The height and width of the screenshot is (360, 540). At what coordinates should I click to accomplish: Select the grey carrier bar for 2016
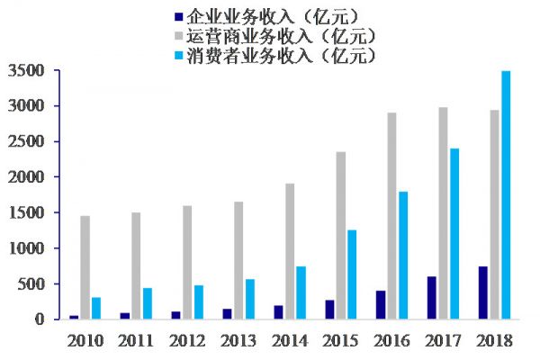(x=392, y=216)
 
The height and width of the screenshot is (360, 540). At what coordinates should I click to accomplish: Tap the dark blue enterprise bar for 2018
(x=483, y=292)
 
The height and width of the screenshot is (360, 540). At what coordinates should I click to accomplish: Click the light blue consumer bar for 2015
(x=352, y=274)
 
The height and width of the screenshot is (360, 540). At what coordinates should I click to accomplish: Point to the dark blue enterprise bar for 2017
(x=432, y=298)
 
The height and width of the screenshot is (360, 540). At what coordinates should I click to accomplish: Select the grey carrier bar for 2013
(x=238, y=260)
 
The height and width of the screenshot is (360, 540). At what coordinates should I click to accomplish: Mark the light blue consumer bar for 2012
(x=198, y=302)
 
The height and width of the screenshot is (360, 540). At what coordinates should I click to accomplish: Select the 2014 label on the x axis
(x=290, y=340)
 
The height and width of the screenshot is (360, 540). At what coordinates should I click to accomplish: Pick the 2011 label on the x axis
(x=136, y=340)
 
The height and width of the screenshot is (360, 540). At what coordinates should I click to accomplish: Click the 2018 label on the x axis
(x=495, y=340)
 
